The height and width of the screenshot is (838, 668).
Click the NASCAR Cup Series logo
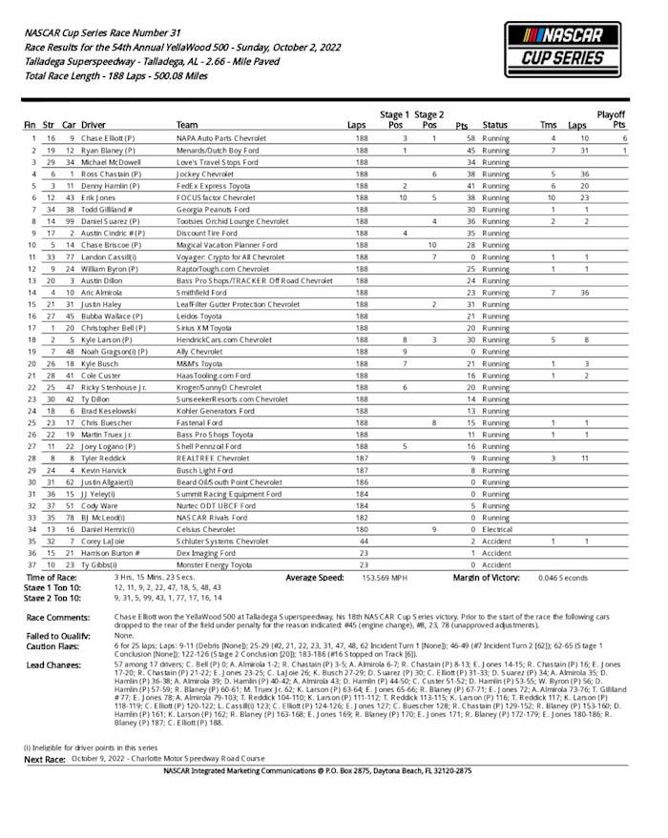point(562,50)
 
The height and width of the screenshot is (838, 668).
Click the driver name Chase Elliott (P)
point(113,138)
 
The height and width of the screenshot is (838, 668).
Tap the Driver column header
point(94,125)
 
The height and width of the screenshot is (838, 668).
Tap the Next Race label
point(46,759)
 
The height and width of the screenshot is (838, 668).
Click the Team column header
point(187,125)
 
